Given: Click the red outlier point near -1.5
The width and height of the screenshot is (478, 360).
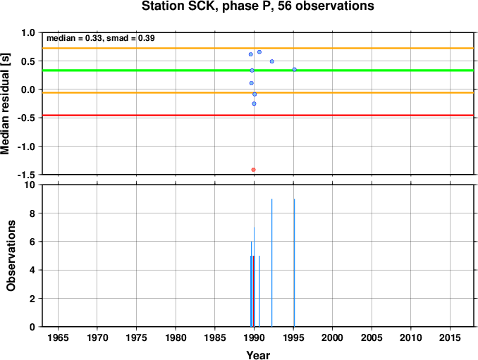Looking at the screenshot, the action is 253,170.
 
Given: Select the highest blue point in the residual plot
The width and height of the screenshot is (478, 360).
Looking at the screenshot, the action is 259,52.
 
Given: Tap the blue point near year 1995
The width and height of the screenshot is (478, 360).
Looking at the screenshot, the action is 295,70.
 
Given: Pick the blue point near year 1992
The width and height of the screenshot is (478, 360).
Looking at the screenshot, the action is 272,61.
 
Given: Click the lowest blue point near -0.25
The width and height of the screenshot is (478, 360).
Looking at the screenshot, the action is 254,104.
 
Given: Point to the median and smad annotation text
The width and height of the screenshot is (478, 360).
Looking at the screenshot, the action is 101,38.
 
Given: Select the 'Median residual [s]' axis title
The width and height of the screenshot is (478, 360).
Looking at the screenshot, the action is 5,104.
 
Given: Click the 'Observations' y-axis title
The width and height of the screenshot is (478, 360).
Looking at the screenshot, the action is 11,256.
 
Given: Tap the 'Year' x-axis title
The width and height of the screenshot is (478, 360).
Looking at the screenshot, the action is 258,355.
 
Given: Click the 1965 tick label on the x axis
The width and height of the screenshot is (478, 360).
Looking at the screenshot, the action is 59,337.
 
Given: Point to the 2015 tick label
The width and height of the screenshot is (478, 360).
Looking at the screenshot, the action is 450,337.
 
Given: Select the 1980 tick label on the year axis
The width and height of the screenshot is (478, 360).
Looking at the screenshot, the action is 176,337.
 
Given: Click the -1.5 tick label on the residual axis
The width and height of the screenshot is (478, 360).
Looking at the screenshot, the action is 26,175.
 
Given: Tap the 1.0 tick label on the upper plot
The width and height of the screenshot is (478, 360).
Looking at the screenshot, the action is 28,32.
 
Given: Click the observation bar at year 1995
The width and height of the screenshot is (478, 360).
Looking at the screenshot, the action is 294,263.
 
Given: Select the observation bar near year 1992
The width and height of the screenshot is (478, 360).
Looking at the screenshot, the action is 271,263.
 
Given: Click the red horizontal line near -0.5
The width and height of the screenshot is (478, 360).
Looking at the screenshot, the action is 258,115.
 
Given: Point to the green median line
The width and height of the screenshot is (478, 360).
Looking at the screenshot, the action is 258,70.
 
